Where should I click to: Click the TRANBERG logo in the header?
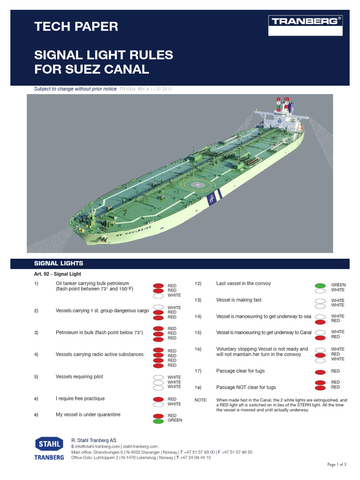pyautogui.click(x=305, y=21)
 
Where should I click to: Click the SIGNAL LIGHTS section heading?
pyautogui.click(x=59, y=263)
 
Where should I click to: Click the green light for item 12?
pyautogui.click(x=320, y=285)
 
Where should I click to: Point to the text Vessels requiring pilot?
pyautogui.click(x=79, y=377)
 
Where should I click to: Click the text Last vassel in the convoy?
pyautogui.click(x=243, y=284)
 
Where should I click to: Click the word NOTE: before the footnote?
pyautogui.click(x=201, y=400)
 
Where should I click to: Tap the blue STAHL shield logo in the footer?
pyautogui.click(x=49, y=444)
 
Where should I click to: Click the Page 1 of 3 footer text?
pyautogui.click(x=337, y=465)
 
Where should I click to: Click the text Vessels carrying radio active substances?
pyautogui.click(x=99, y=354)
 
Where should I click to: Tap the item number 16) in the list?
pyautogui.click(x=197, y=349)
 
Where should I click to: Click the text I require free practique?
pyautogui.click(x=80, y=398)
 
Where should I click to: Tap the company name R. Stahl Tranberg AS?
pyautogui.click(x=94, y=441)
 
